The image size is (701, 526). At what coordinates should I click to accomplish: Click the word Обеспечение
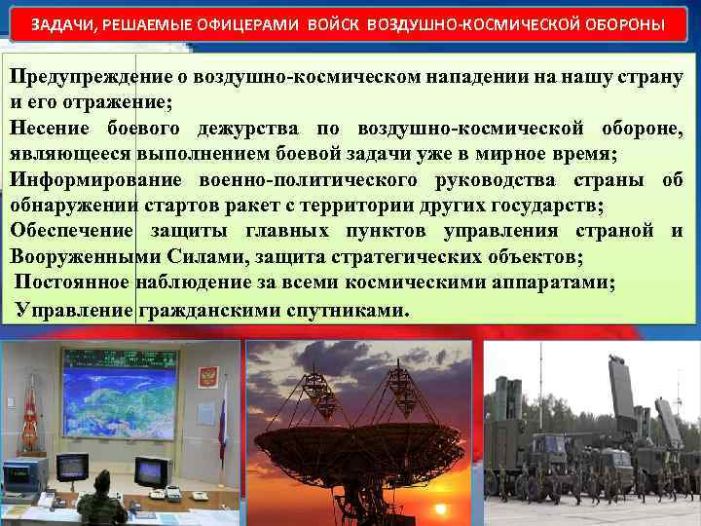click(71, 232)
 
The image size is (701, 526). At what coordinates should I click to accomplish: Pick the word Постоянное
click(73, 283)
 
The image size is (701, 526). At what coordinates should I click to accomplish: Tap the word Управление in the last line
click(74, 310)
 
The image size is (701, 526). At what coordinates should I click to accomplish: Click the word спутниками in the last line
click(349, 310)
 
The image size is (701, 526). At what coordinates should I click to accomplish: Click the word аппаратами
click(551, 283)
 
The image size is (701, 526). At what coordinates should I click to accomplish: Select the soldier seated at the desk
click(100, 507)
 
